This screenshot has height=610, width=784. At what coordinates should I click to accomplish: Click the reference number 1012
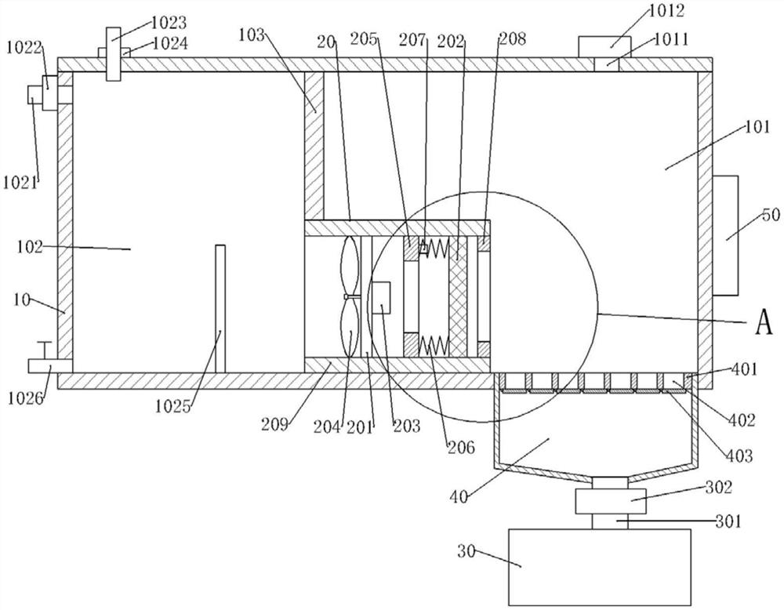click(666, 10)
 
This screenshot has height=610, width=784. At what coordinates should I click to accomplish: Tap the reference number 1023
click(169, 23)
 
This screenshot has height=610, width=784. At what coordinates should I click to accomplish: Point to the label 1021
click(20, 183)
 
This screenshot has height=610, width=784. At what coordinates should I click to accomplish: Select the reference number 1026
click(26, 400)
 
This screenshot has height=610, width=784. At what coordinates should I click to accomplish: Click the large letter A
click(764, 321)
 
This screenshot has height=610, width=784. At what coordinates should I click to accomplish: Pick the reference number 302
click(718, 487)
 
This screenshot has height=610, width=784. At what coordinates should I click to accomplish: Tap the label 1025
click(173, 406)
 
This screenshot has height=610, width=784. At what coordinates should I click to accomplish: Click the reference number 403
click(739, 456)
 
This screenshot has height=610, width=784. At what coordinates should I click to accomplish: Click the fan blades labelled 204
click(350, 296)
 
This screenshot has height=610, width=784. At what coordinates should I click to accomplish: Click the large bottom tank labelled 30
click(600, 567)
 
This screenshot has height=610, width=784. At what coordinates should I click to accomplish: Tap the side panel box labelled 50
click(725, 235)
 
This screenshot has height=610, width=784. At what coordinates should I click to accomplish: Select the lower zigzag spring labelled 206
click(434, 344)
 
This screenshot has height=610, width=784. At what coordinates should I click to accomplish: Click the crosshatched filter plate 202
click(458, 296)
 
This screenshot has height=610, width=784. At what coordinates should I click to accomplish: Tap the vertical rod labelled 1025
click(220, 308)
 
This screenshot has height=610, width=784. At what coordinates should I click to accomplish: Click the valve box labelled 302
click(611, 501)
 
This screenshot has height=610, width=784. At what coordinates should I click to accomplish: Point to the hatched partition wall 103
click(314, 147)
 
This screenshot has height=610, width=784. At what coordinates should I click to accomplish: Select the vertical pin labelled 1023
click(114, 54)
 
